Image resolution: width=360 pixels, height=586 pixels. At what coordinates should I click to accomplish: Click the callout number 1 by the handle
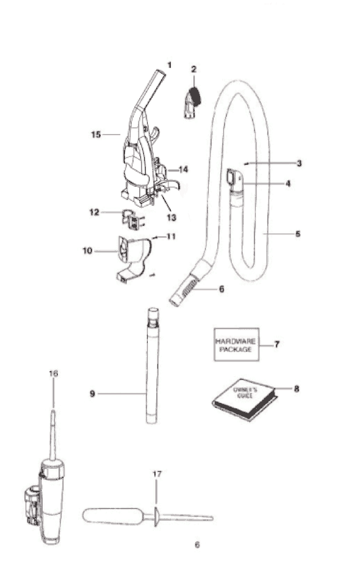(169, 65)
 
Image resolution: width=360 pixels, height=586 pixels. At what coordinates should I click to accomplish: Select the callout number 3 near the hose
(299, 164)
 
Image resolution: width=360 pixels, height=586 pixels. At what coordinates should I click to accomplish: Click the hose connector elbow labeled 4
(236, 181)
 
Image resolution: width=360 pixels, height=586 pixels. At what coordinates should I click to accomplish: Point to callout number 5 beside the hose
(298, 234)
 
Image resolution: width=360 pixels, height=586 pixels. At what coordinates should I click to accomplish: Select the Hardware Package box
(236, 344)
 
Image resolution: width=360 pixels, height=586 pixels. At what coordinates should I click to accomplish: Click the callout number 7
(277, 344)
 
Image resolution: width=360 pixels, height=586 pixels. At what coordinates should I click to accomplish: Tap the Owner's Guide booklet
(245, 399)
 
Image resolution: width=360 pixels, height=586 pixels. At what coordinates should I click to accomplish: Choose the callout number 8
(297, 389)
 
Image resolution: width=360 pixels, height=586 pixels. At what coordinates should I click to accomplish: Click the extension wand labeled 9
(152, 366)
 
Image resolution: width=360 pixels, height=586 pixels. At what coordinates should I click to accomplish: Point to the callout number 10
(87, 250)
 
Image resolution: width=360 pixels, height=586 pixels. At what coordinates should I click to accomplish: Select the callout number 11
(171, 236)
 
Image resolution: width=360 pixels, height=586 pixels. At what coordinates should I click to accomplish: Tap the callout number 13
(171, 217)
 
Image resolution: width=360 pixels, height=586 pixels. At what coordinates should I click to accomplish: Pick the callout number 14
(184, 169)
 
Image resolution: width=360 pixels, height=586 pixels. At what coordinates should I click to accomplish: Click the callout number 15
(96, 134)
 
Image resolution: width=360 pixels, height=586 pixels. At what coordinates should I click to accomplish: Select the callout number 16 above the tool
(54, 374)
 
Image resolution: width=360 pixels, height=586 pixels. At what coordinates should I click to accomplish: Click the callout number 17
(157, 474)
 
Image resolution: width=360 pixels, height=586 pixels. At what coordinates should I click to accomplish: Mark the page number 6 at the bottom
(197, 544)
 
